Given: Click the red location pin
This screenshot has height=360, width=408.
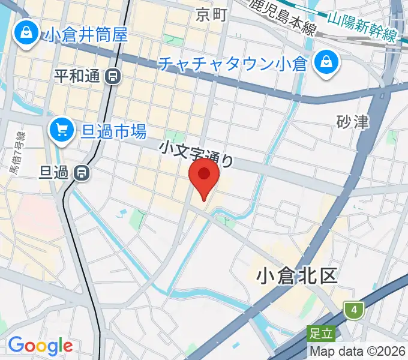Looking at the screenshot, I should [x=204, y=175].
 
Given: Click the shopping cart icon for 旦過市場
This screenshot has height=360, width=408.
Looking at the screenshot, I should [x=62, y=128].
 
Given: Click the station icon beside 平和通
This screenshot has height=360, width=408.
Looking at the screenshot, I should [x=112, y=76].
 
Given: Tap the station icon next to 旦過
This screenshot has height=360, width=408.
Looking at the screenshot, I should [x=82, y=173].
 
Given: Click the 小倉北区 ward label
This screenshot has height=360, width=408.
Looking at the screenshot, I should [x=296, y=275].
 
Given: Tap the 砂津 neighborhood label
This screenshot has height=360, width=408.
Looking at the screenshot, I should [x=353, y=122].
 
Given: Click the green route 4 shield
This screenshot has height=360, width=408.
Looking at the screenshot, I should [x=355, y=310].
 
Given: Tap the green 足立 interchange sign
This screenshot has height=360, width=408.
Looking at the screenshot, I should [x=319, y=331].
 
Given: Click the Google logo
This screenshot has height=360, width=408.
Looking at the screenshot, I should [x=40, y=346].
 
